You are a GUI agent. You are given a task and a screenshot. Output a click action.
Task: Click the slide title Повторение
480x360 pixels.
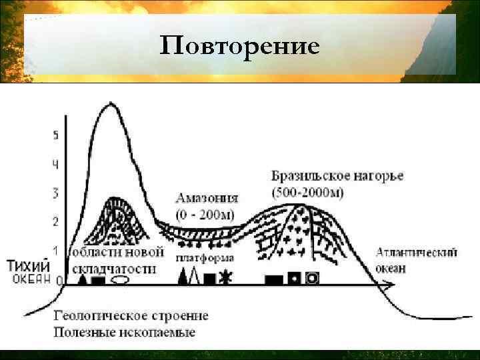240,47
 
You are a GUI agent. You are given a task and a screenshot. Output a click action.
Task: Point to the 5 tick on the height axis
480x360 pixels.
56,135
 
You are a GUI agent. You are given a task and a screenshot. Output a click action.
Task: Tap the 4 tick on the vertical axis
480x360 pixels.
56,164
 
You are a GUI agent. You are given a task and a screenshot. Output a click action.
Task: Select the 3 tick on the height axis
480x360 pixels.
56,193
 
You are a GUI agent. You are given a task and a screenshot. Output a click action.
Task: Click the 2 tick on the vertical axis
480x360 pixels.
56,221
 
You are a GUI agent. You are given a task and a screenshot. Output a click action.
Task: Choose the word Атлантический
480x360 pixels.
417,253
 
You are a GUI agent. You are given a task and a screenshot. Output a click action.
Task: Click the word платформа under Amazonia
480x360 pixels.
205,258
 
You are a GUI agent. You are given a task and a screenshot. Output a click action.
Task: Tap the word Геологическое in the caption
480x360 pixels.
92,316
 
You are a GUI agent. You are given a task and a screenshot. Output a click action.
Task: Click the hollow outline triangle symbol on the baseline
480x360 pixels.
194,275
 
